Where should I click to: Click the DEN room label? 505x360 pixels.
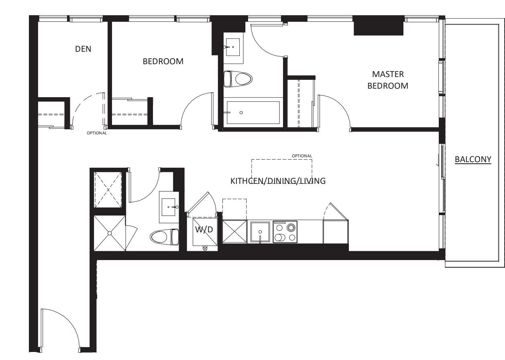[x=83, y=49]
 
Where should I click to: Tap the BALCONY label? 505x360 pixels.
[x=473, y=159]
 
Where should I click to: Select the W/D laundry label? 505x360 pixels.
[x=204, y=230]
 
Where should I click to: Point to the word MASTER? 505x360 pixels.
[x=388, y=74]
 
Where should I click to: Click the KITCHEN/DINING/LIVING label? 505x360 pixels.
[x=278, y=181]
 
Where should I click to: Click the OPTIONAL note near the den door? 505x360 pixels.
[x=97, y=133]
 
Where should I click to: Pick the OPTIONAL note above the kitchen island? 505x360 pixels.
[x=302, y=156]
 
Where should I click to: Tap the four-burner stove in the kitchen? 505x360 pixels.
[x=285, y=232]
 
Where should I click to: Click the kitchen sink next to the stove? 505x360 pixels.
[x=260, y=232]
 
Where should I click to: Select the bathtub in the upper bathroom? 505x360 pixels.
[x=253, y=112]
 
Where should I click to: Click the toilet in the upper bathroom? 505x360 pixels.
[x=238, y=79]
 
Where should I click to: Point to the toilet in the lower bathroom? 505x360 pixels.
[x=164, y=237]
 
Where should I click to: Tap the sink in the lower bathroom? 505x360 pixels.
[x=169, y=207]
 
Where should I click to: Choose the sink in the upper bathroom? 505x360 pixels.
[x=233, y=47]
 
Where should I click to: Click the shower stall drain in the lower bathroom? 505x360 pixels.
[x=110, y=233]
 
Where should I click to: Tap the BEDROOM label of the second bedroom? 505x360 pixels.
[x=163, y=61]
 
